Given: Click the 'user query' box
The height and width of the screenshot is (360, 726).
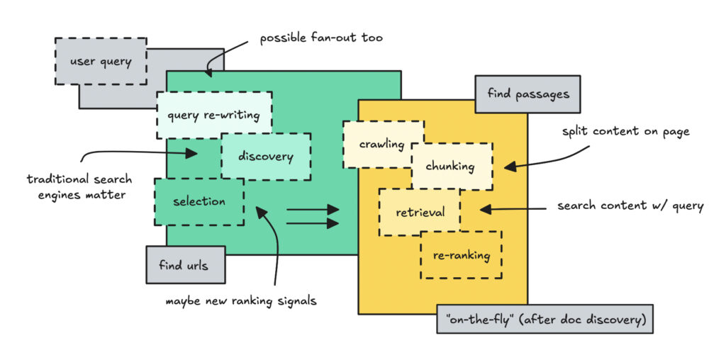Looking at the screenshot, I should coord(101,62).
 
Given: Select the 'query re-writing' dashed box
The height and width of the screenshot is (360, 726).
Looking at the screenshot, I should coord(213,115).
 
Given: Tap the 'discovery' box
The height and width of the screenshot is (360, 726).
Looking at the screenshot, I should coord(265,156).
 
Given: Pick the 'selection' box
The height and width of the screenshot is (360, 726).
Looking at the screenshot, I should coord(199,201).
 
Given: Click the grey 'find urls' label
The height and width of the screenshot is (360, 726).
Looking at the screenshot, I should coord(184,265).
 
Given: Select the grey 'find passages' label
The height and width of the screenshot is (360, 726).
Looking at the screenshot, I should coord(527,94).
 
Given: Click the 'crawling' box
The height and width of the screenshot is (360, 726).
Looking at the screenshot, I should coord(381,144).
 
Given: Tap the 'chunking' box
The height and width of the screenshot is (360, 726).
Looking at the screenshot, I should coord(451,166).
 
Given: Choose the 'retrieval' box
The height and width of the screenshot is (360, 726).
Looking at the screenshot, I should coord(420,212).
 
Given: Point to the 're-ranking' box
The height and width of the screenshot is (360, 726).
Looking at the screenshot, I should coord(461,254).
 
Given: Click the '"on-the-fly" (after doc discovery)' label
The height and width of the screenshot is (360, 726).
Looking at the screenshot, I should coord(544,319).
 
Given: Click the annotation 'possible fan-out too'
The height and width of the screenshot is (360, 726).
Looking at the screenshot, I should coord(321,38).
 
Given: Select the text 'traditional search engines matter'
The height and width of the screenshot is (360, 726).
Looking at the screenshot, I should coord(79,186).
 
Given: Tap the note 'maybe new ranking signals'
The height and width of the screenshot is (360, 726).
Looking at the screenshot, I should coord(241,300).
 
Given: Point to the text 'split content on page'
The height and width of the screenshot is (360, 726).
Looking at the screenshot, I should coord(626,132).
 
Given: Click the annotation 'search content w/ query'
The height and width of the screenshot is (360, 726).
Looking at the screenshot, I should coord(630,206).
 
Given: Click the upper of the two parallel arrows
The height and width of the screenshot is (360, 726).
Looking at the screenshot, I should coord(312,209).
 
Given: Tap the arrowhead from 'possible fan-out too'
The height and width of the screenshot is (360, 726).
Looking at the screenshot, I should coord(208,72).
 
